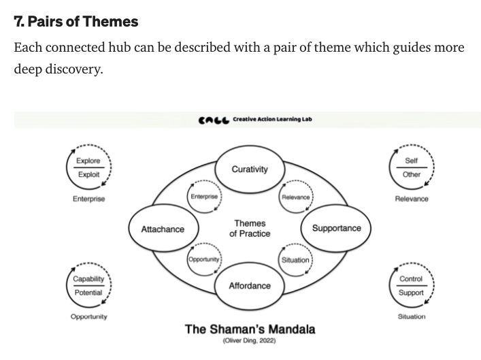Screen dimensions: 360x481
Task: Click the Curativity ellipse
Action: click(x=249, y=169)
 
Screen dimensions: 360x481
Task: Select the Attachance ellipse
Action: click(x=162, y=229)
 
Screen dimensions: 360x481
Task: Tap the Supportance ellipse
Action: click(x=336, y=228)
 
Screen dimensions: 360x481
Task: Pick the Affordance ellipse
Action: click(x=249, y=286)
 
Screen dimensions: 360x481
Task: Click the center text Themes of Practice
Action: click(x=250, y=229)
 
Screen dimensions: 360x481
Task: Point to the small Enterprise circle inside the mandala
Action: click(x=204, y=197)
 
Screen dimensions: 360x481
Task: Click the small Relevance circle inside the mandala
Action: click(x=295, y=197)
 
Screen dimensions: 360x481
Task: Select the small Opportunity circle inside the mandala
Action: click(x=203, y=260)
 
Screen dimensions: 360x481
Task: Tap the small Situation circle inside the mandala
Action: click(x=295, y=260)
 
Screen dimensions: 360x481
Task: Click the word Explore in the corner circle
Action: click(x=88, y=161)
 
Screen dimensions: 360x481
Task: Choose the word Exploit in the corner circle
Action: click(x=88, y=174)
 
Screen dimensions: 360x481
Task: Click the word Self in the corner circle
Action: click(x=411, y=161)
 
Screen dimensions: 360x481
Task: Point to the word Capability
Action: click(x=88, y=279)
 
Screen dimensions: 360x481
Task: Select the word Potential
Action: click(x=88, y=293)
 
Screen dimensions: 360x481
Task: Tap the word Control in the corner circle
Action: click(x=411, y=279)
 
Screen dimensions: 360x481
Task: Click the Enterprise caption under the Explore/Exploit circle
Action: click(x=88, y=199)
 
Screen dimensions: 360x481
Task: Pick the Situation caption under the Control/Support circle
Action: click(x=411, y=316)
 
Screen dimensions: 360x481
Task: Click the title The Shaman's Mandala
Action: click(x=250, y=329)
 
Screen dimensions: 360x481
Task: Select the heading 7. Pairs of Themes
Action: click(x=76, y=22)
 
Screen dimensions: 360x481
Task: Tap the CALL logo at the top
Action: click(x=213, y=120)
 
